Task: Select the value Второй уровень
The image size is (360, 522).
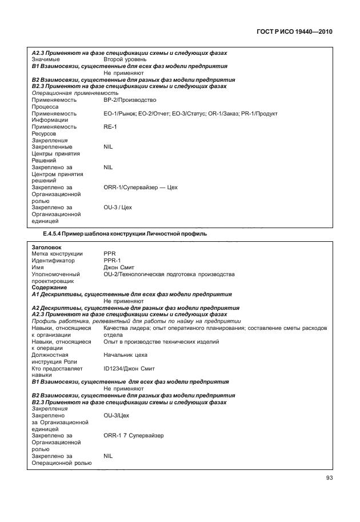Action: [x=125, y=59]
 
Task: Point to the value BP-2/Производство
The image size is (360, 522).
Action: [x=130, y=99]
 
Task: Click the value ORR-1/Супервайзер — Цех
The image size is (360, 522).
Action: [x=141, y=187]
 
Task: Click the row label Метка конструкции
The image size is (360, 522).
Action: [x=57, y=253]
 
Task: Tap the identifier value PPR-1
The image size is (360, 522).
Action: [x=112, y=260]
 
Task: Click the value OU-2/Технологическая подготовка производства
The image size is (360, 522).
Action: [x=169, y=274]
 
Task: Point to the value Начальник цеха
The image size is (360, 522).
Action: [x=126, y=354]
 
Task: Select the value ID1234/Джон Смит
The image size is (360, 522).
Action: [x=129, y=368]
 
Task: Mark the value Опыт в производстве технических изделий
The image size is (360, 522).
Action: [x=161, y=341]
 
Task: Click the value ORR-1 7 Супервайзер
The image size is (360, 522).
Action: [x=134, y=436]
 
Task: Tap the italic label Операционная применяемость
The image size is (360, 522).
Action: [x=75, y=93]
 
